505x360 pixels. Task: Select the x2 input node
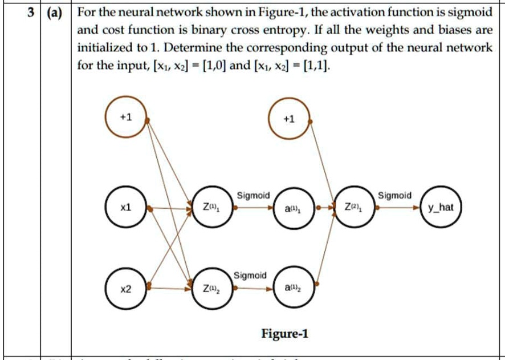(126, 289)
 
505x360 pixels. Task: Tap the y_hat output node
(441, 208)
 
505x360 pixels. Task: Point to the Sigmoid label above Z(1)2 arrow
(250, 276)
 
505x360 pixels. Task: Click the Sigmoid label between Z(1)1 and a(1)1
(253, 195)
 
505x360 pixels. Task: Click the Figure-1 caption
(284, 333)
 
